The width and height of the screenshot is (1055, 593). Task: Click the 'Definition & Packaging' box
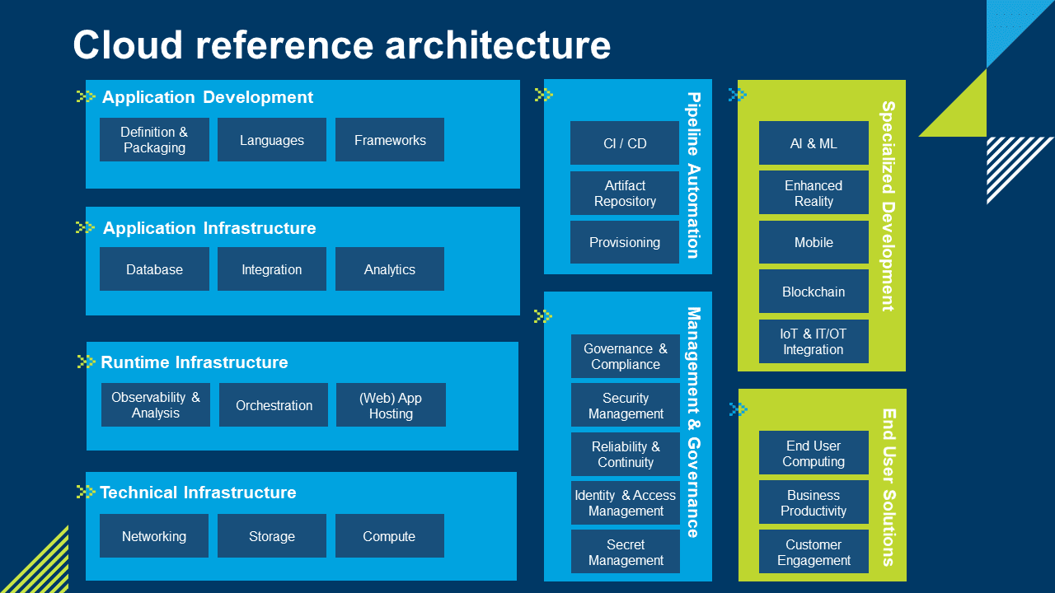pyautogui.click(x=154, y=140)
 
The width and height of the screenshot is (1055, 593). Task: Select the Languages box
pyautogui.click(x=272, y=140)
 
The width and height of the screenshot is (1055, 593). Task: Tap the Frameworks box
pyautogui.click(x=390, y=140)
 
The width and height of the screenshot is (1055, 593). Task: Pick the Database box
pyautogui.click(x=154, y=269)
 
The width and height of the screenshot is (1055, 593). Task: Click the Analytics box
pyautogui.click(x=390, y=269)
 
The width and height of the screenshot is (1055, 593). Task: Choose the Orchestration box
pyautogui.click(x=274, y=405)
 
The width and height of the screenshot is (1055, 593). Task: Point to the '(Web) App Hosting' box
pyautogui.click(x=391, y=405)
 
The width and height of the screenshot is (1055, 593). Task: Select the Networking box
pyautogui.click(x=154, y=536)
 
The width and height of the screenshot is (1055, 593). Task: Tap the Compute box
pyautogui.click(x=390, y=536)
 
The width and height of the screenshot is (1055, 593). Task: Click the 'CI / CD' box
pyautogui.click(x=625, y=143)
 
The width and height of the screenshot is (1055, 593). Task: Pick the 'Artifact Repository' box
pyautogui.click(x=625, y=194)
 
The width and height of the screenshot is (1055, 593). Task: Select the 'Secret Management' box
pyautogui.click(x=626, y=552)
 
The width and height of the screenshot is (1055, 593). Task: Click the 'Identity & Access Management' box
pyautogui.click(x=626, y=503)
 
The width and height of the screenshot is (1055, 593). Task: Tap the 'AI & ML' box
pyautogui.click(x=814, y=143)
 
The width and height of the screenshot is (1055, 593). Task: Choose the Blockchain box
pyautogui.click(x=814, y=292)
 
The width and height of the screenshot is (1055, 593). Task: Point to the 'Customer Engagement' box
pyautogui.click(x=814, y=552)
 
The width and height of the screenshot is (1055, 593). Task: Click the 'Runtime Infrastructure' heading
pyautogui.click(x=195, y=362)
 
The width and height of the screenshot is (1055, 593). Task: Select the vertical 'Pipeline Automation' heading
pyautogui.click(x=694, y=175)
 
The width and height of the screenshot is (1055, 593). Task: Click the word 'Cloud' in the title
pyautogui.click(x=128, y=45)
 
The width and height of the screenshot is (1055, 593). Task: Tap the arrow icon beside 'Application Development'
pyautogui.click(x=86, y=96)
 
